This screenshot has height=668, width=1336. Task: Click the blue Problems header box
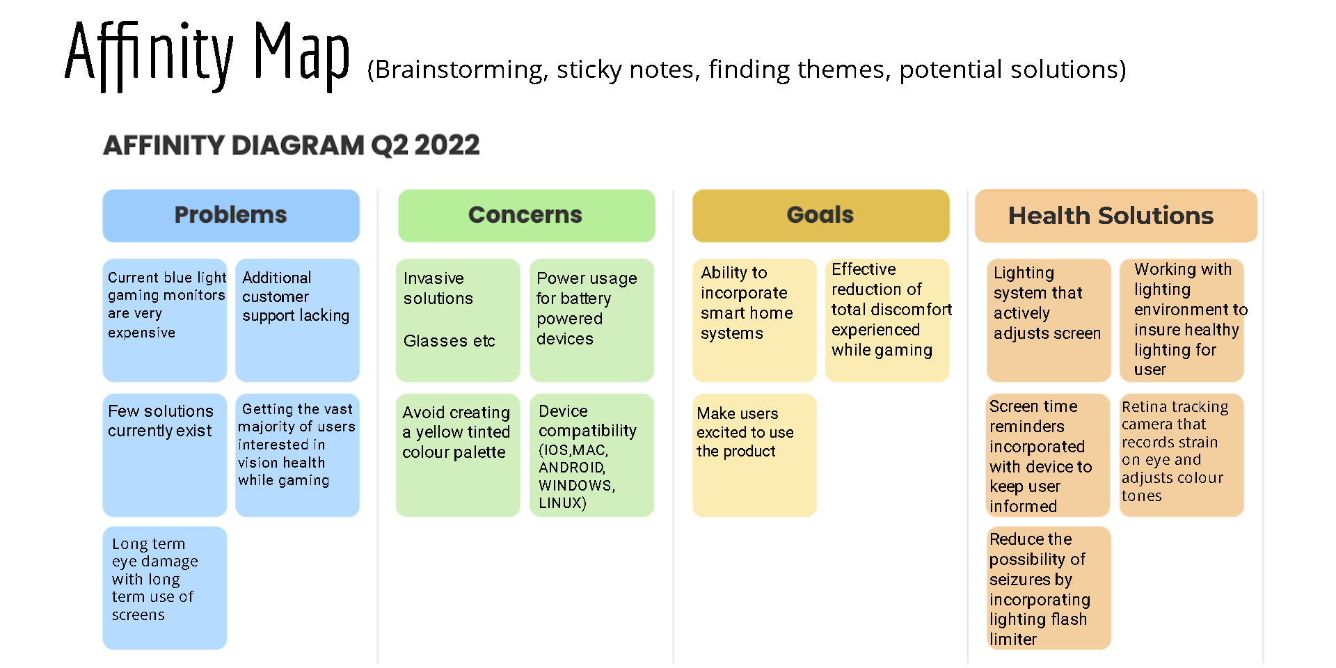(230, 216)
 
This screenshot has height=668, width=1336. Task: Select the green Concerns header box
(526, 216)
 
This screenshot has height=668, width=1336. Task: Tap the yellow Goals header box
(820, 216)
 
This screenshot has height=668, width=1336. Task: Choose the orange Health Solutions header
(1115, 216)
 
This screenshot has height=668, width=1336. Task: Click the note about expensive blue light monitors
(165, 319)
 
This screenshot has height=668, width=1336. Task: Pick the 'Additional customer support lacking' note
(297, 319)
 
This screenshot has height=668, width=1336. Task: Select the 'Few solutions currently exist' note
(165, 454)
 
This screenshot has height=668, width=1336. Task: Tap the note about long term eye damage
(165, 587)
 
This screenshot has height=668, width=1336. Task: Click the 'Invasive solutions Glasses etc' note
(457, 319)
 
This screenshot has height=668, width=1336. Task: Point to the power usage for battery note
(591, 319)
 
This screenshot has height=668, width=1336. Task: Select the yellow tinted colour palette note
(457, 454)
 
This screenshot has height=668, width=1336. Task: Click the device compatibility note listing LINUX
(591, 454)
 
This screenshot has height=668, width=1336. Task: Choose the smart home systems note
(754, 319)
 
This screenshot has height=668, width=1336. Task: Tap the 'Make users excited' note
(754, 454)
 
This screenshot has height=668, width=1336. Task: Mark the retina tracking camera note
(1181, 454)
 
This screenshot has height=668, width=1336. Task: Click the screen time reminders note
(1048, 454)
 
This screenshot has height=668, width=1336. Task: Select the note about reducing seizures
(1048, 587)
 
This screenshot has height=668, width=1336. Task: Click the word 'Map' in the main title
(301, 52)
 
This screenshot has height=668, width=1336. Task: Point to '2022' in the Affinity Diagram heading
(447, 145)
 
